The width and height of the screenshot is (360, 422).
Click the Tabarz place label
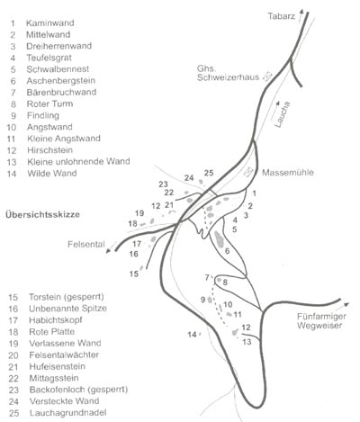(285, 16)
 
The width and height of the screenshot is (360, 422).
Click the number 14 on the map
(192, 335)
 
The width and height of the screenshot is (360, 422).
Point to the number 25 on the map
(209, 173)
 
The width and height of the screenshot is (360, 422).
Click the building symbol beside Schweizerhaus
(266, 77)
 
